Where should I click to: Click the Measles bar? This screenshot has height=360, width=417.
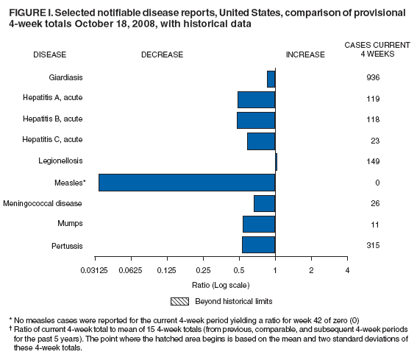(x=187, y=183)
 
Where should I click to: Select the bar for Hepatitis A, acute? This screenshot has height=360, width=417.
(x=256, y=99)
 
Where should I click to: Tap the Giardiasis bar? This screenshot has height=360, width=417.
(x=271, y=78)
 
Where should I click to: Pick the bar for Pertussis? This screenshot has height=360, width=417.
(x=258, y=245)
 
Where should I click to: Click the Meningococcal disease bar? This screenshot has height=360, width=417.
(x=264, y=203)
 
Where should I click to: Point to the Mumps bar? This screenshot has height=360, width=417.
(x=259, y=224)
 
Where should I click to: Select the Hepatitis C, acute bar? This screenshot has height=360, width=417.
(x=261, y=141)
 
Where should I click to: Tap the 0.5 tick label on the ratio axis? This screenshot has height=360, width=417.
(x=239, y=271)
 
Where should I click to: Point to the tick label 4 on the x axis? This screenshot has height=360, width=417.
(x=347, y=271)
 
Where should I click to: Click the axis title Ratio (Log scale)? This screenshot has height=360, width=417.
(x=221, y=284)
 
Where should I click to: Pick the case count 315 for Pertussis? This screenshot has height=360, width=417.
(x=372, y=245)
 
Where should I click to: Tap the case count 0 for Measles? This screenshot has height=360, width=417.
(x=372, y=183)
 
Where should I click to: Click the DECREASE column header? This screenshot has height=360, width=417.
(x=162, y=54)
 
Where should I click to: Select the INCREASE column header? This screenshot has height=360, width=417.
(x=305, y=54)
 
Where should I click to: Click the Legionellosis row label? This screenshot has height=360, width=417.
(x=60, y=161)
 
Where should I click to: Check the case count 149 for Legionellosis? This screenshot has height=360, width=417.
(x=372, y=161)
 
